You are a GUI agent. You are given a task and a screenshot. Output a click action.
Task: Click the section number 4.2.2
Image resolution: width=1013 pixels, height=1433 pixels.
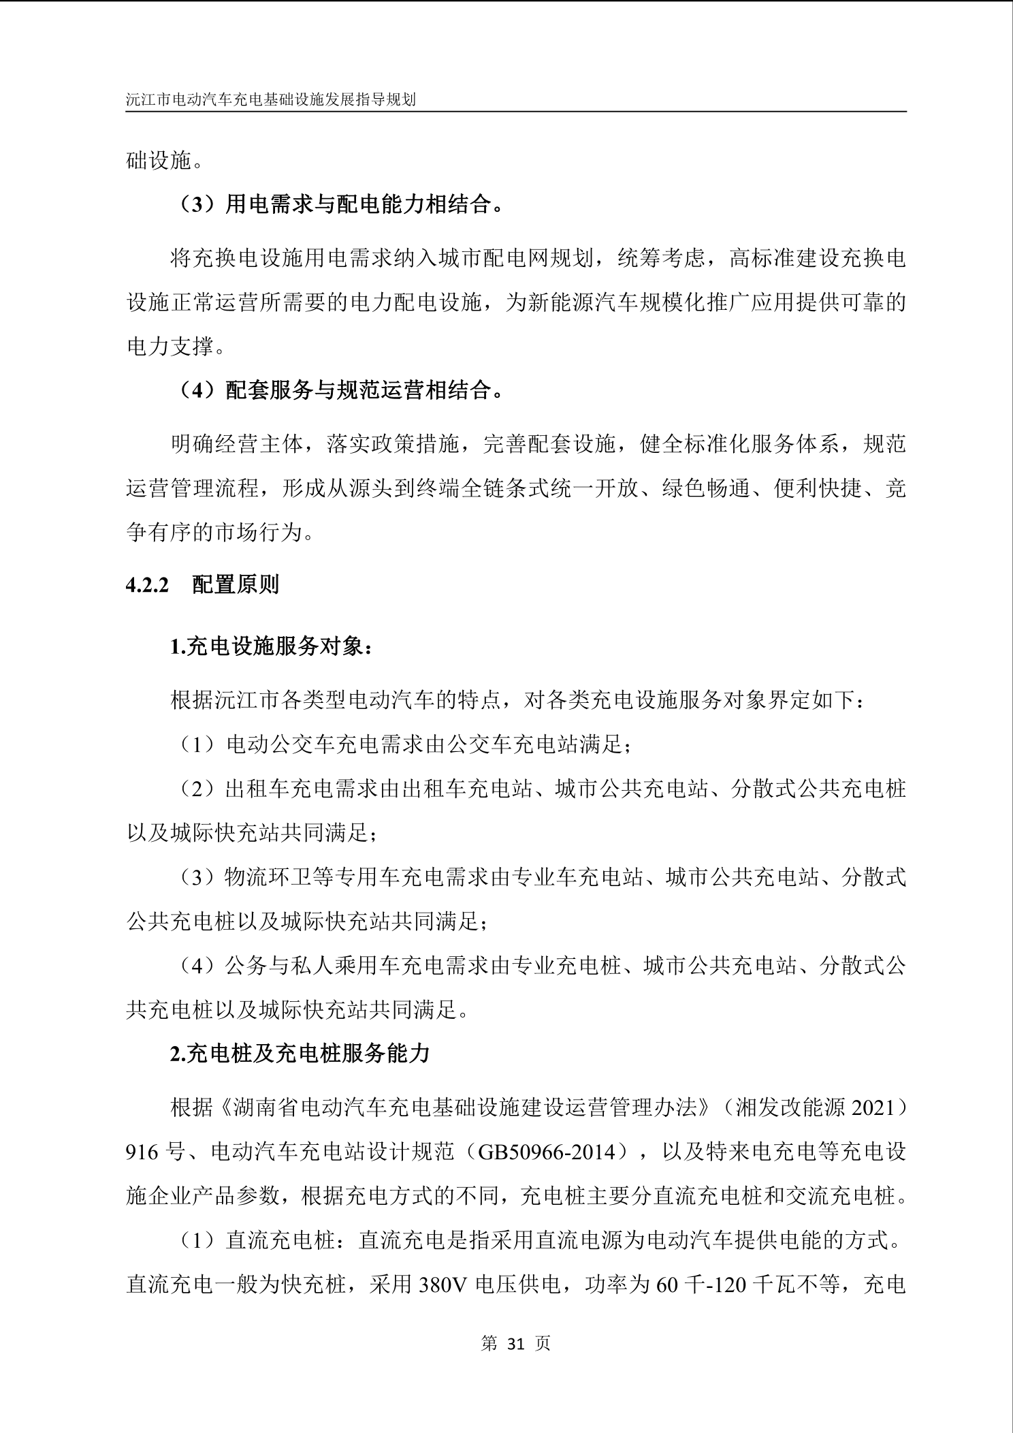147,584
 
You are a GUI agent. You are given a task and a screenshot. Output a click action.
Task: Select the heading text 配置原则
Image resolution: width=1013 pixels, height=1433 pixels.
236,584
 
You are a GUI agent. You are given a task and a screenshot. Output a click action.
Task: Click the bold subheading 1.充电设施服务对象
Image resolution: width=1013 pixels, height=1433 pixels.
270,646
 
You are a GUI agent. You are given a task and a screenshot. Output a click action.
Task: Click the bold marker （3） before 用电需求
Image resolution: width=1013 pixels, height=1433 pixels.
197,204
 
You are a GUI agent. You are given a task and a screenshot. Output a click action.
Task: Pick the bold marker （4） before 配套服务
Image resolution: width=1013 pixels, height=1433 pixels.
197,390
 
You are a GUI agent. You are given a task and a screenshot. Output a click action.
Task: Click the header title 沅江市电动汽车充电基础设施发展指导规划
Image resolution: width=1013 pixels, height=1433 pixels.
271,99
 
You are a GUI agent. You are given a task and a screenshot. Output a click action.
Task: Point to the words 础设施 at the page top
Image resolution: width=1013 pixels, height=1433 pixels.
159,161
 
